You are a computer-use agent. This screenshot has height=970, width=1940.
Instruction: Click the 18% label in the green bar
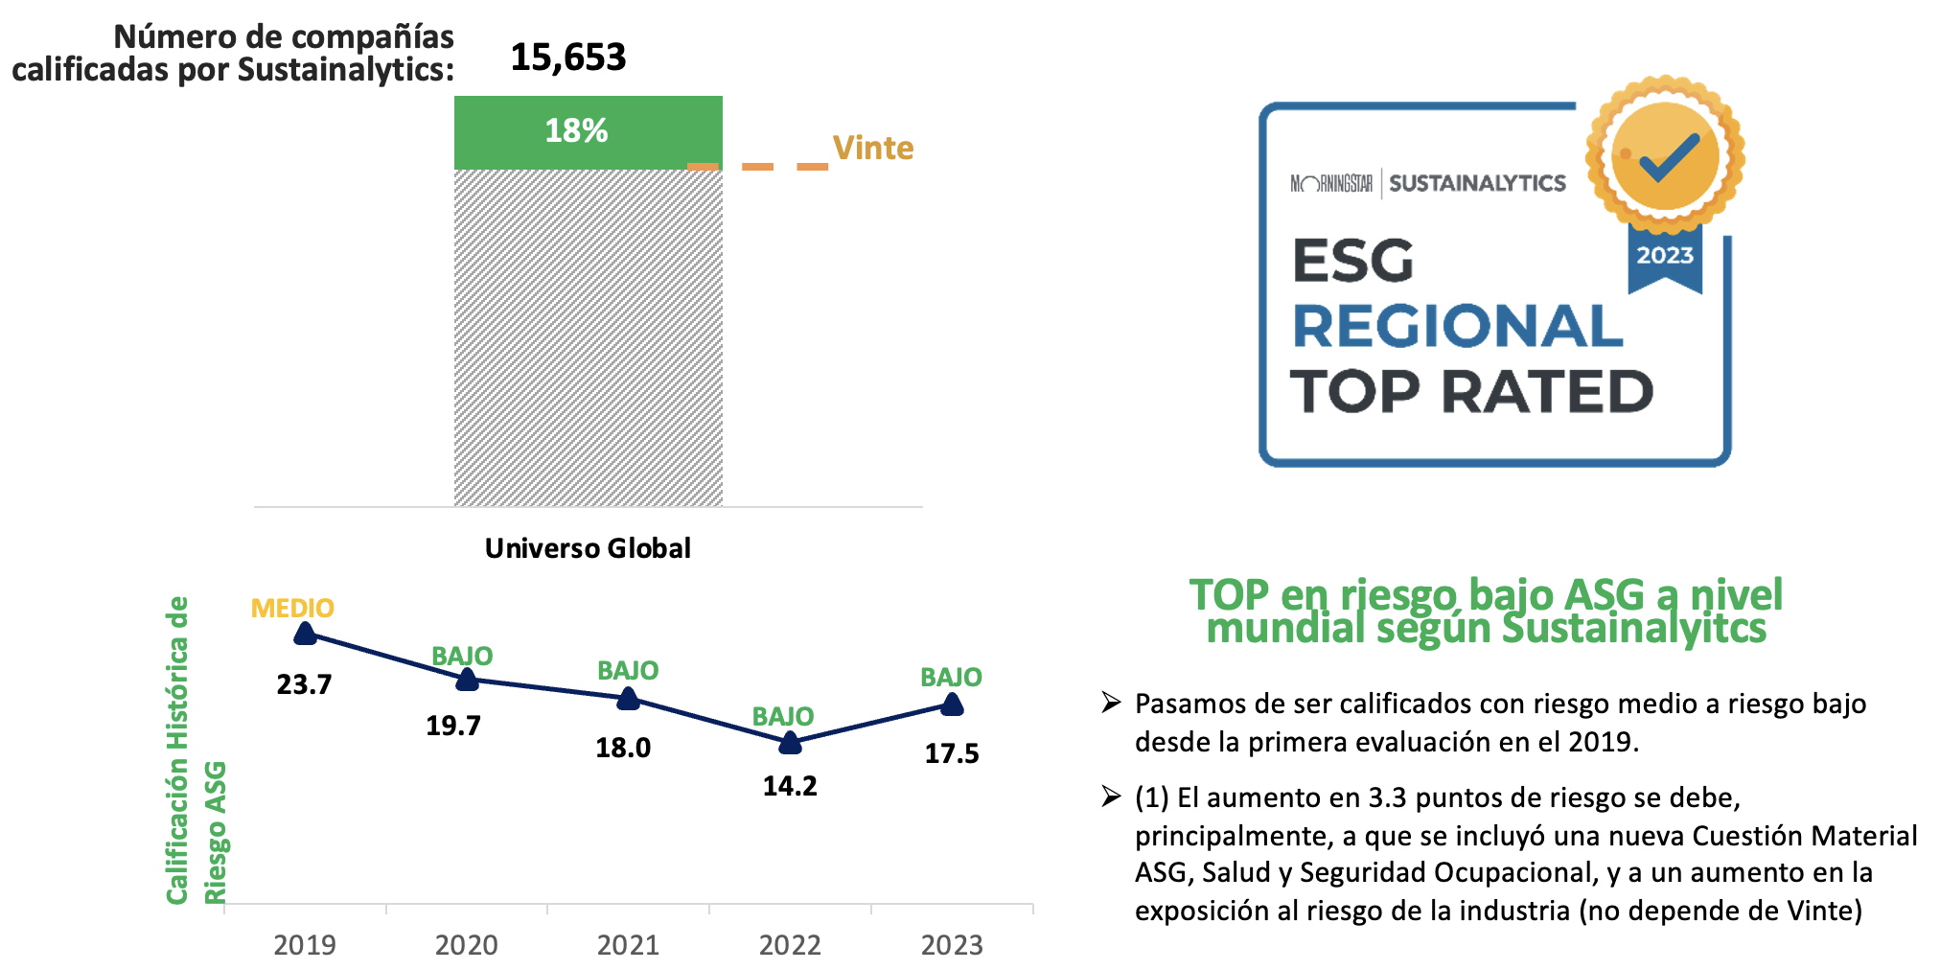576,130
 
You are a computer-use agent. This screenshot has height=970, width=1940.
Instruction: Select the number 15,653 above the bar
567,58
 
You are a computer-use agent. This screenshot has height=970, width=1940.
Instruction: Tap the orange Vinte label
872,148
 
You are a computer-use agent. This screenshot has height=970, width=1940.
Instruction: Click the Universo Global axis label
588,548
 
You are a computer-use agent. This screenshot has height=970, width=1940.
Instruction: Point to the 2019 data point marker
305,633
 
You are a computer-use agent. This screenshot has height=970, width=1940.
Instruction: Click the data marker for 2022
790,742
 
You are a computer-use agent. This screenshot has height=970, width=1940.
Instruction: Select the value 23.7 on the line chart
304,684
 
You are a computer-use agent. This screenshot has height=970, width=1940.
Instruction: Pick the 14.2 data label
790,786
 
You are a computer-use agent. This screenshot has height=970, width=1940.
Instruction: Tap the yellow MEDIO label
292,608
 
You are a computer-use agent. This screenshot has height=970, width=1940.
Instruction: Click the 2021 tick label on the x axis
628,945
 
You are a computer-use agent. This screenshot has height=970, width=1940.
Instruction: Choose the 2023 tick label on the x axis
952,945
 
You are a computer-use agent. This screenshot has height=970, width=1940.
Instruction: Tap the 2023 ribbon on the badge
1665,256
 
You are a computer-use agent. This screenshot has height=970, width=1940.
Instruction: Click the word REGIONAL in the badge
1457,327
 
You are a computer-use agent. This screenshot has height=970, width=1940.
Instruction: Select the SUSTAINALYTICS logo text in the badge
1477,183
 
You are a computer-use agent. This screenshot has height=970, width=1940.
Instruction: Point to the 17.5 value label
952,753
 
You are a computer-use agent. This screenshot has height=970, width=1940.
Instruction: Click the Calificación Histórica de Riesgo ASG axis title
196,750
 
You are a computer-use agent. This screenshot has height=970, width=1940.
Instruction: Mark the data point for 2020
467,680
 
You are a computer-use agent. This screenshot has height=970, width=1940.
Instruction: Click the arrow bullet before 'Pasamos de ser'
1111,703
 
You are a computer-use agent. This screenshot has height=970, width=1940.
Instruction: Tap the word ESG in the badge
1352,261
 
